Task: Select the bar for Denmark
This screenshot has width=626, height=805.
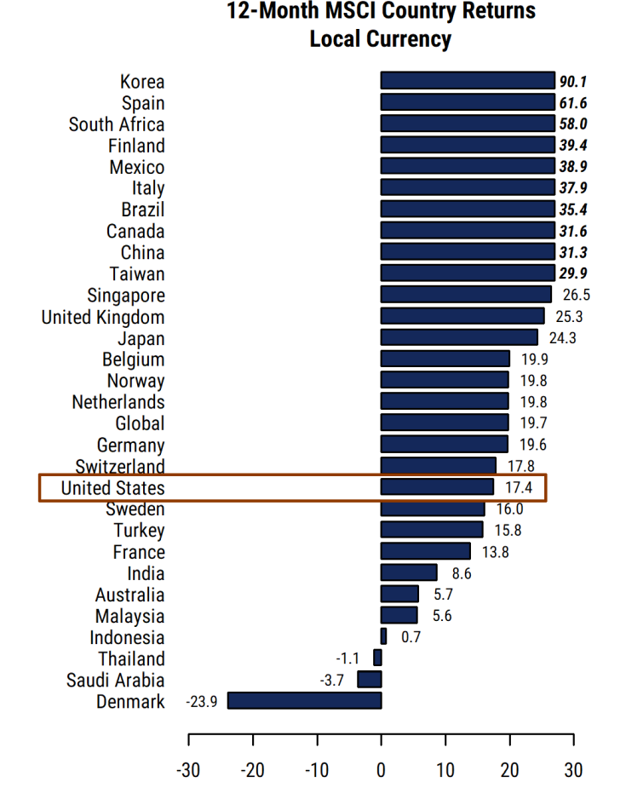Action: pyautogui.click(x=304, y=701)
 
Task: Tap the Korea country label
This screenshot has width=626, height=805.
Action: pyautogui.click(x=142, y=82)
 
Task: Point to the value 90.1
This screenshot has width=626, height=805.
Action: pyautogui.click(x=573, y=82)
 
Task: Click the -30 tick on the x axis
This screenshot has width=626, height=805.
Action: pyautogui.click(x=187, y=770)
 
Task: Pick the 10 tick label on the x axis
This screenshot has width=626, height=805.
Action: pyautogui.click(x=445, y=770)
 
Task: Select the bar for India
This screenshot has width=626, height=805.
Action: pyautogui.click(x=409, y=573)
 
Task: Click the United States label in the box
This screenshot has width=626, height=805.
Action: pyautogui.click(x=112, y=488)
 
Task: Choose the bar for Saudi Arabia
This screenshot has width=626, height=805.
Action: pyautogui.click(x=370, y=680)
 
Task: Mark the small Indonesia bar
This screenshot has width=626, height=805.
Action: pyautogui.click(x=383, y=637)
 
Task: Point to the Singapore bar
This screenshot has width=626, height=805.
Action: pyautogui.click(x=466, y=295)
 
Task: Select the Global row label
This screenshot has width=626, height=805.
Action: pyautogui.click(x=140, y=423)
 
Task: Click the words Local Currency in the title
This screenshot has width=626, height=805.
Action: pyautogui.click(x=380, y=39)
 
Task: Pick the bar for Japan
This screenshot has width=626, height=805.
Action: pyautogui.click(x=459, y=337)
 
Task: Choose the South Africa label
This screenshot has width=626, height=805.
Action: pyautogui.click(x=117, y=124)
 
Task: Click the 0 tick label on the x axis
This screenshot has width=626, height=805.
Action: pyautogui.click(x=381, y=770)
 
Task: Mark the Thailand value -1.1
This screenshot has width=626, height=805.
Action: pyautogui.click(x=347, y=658)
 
